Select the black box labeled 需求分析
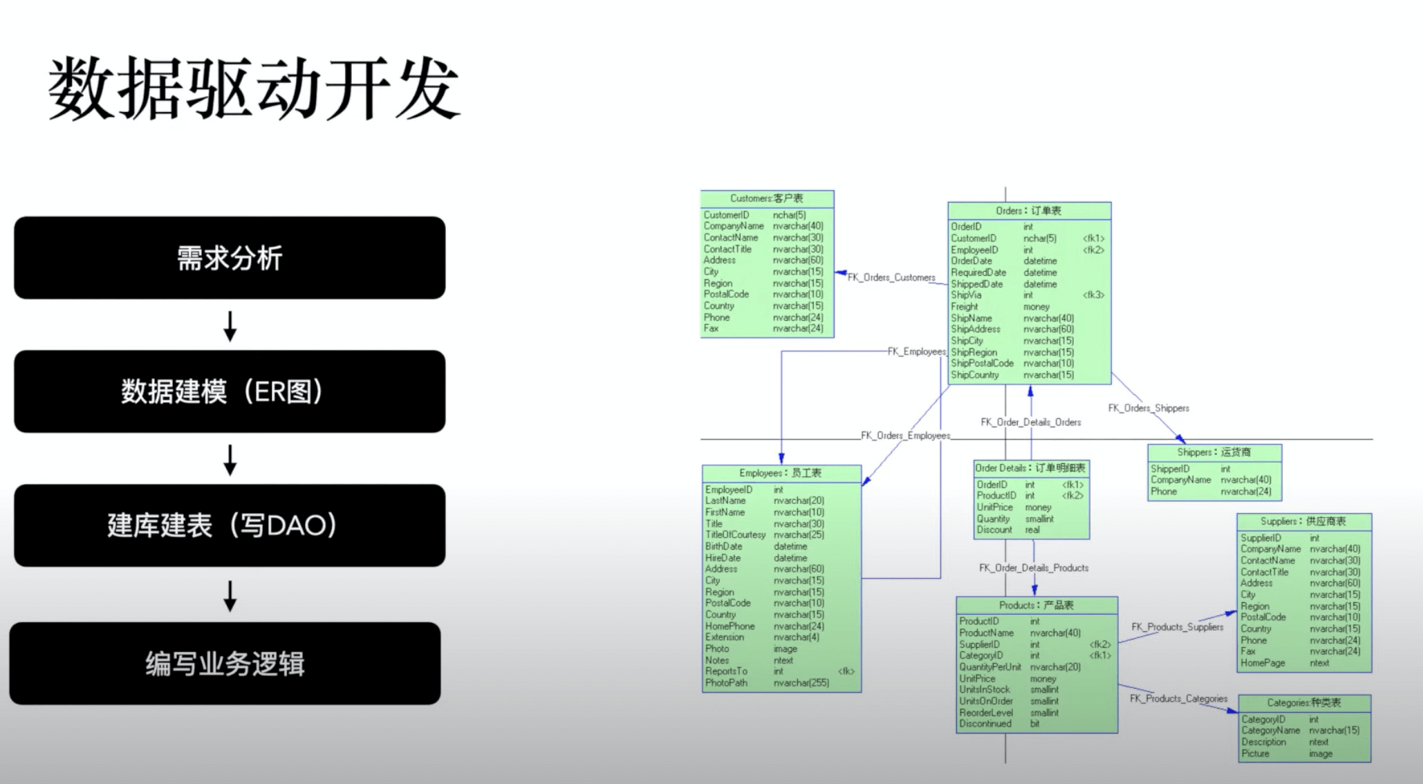point(230,258)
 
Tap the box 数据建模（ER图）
point(230,391)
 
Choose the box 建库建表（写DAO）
point(230,525)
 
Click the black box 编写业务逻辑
point(225,664)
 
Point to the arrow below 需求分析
point(230,326)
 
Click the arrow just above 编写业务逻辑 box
point(230,595)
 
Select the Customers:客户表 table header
point(767,198)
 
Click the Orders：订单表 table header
point(1029,211)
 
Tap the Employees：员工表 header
point(781,473)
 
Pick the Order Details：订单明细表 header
point(1030,468)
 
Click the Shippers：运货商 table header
point(1214,452)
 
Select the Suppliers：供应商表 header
point(1303,521)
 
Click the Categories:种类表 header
point(1304,702)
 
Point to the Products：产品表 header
point(1036,605)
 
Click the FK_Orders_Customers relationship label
point(891,277)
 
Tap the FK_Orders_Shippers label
point(1148,408)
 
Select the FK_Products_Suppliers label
point(1177,627)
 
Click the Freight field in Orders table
point(965,306)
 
